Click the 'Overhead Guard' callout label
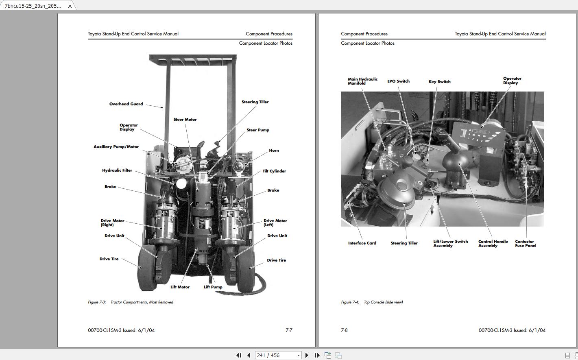tap(126, 104)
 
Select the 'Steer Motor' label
tap(185, 120)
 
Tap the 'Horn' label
tap(274, 151)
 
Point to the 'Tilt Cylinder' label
tap(274, 171)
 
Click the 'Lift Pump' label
tap(213, 287)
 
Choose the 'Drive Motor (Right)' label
tap(112, 223)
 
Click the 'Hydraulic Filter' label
tap(117, 170)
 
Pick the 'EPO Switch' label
tap(398, 81)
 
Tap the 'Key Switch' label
tap(439, 82)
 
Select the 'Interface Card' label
tap(362, 243)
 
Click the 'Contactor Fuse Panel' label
tap(525, 244)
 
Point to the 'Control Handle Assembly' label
tap(493, 244)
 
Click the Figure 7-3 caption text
tap(131, 302)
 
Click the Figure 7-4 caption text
tap(372, 302)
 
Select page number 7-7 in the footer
tap(289, 330)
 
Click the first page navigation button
tap(239, 355)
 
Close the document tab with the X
tap(70, 6)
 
